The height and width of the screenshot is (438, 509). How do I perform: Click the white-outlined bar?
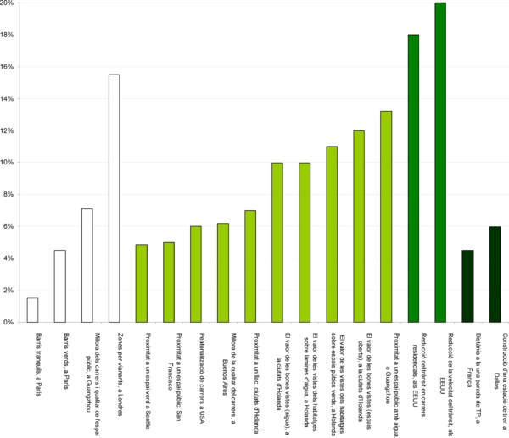click(x=32, y=310)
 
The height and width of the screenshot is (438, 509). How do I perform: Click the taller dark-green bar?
click(x=495, y=274)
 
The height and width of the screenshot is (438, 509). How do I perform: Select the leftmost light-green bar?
click(x=142, y=284)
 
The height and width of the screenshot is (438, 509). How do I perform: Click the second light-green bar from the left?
click(x=169, y=283)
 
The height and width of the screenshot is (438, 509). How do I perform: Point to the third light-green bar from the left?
click(x=196, y=274)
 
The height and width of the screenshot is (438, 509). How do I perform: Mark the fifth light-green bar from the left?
click(x=250, y=267)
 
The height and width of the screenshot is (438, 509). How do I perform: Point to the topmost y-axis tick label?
click(x=9, y=3)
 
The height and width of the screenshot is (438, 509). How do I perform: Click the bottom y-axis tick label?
click(x=9, y=322)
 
